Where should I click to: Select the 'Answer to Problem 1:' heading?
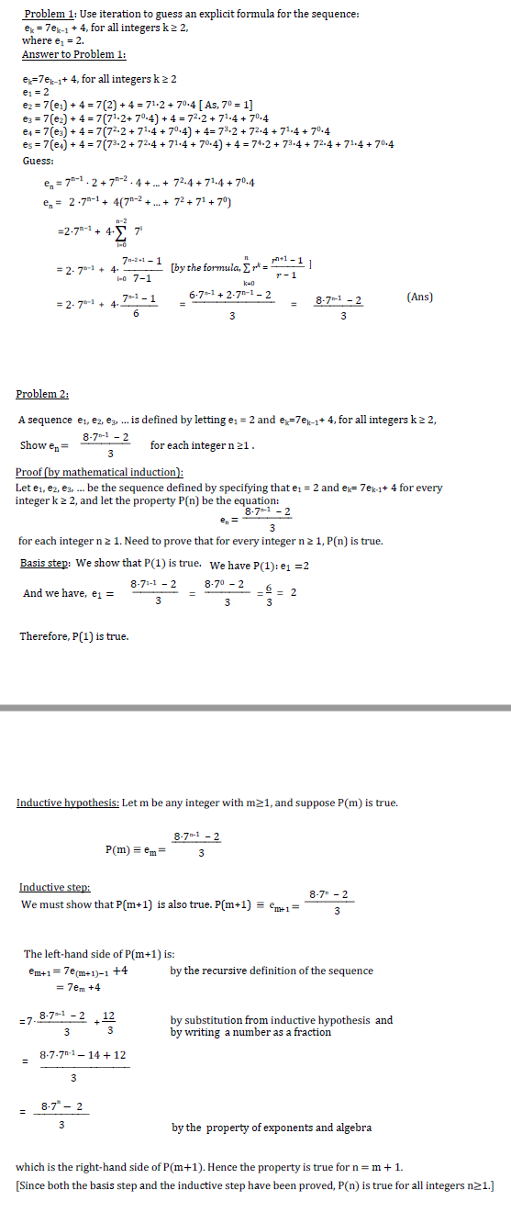point(72,55)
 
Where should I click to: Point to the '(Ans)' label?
point(420,297)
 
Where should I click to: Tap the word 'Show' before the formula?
point(33,445)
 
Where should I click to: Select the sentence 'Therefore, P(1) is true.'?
point(73,636)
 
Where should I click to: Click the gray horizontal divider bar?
point(255,708)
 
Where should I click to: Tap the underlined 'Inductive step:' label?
point(55,887)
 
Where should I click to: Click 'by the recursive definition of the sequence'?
point(272,971)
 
